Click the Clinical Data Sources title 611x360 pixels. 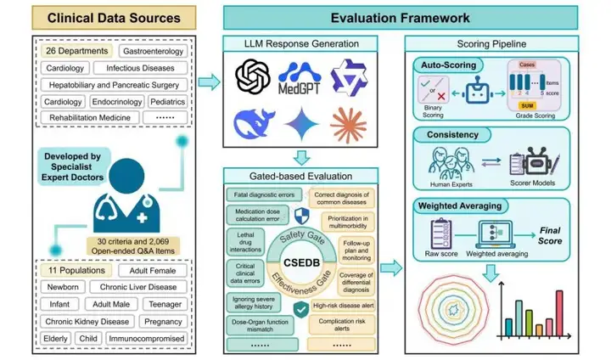click(x=101, y=17)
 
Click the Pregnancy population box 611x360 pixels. click(x=160, y=322)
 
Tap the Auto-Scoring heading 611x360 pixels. click(x=448, y=66)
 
